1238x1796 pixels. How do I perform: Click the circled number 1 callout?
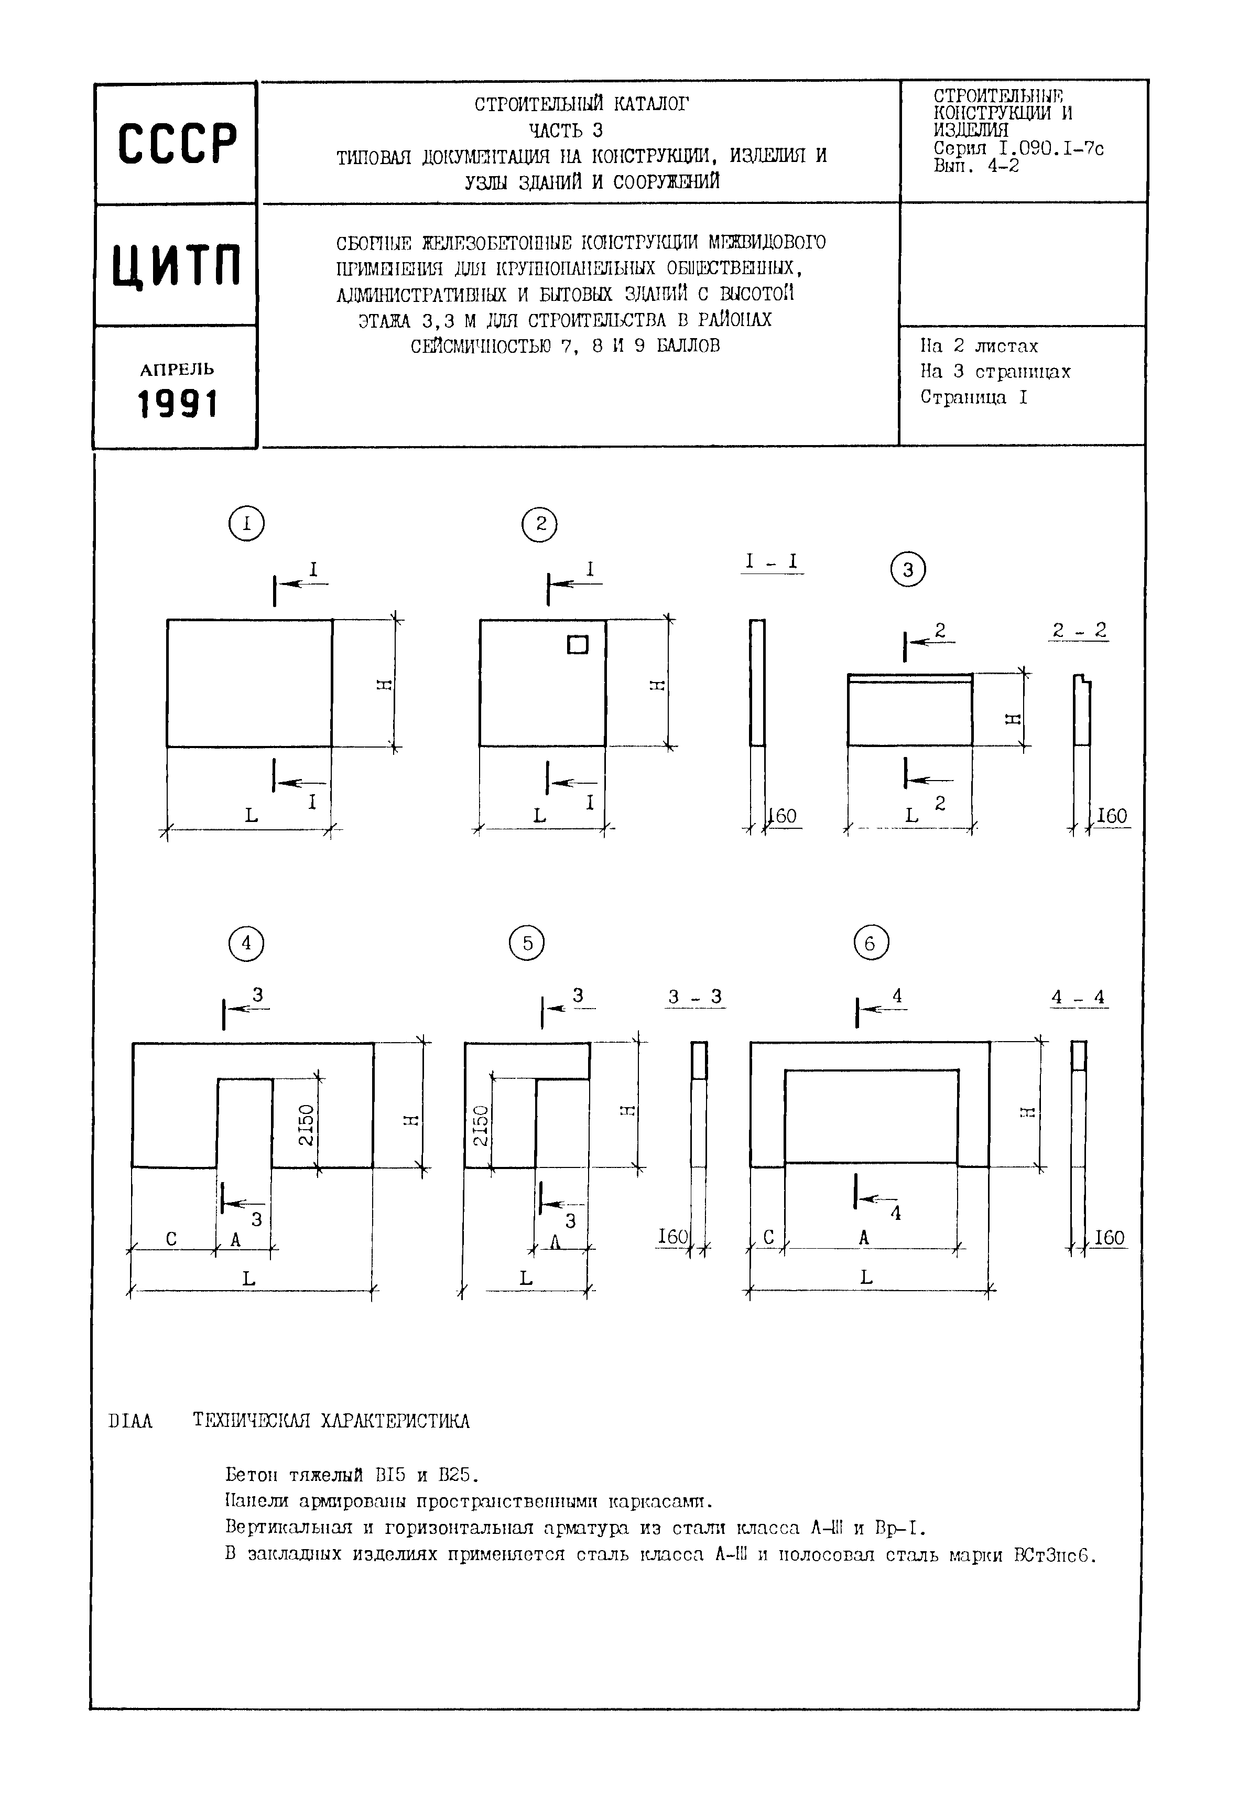pos(247,524)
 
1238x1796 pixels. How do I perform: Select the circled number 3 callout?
pos(908,570)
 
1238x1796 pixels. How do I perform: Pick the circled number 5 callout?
pos(527,944)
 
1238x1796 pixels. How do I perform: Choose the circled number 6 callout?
pos(871,944)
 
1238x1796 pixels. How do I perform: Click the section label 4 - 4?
pos(1078,997)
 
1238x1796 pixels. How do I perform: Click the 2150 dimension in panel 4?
pos(307,1124)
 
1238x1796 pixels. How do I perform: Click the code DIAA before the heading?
pos(131,1421)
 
